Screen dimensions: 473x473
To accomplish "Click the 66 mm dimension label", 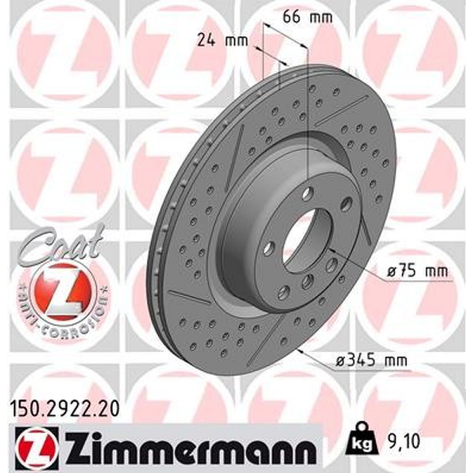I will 307,17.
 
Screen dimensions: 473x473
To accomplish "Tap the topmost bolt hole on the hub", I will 308,193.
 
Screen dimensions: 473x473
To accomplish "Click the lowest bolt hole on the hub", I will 283,291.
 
